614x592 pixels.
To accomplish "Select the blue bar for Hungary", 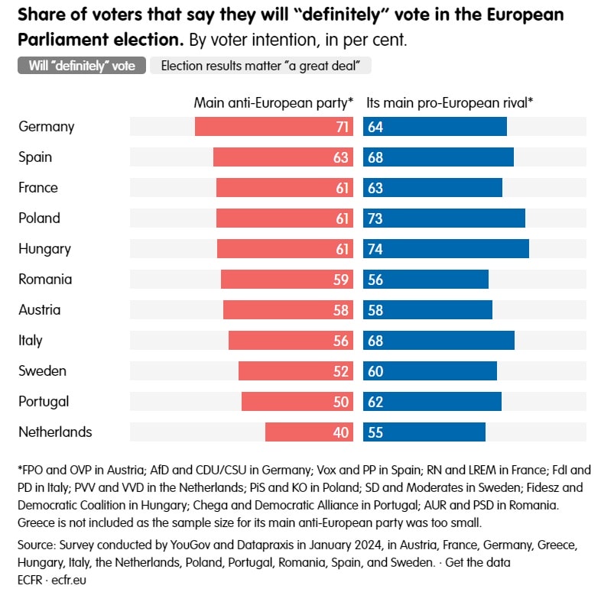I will pos(446,249).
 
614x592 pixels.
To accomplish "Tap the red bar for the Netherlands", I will pos(309,432).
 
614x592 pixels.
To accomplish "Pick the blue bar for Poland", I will pos(444,218).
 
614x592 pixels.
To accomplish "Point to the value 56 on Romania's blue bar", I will pos(375,280).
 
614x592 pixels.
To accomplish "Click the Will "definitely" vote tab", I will pos(82,66).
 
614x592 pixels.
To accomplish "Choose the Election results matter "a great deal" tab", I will pos(261,66).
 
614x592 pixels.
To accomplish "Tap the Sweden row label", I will pos(43,371).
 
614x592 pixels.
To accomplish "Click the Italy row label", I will pos(31,341).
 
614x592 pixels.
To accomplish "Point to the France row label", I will pos(38,188).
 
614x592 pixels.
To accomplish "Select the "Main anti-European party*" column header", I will pos(274,102).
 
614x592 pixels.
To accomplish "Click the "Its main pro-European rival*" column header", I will pos(450,102).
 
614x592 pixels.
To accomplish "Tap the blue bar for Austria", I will pos(427,310).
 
